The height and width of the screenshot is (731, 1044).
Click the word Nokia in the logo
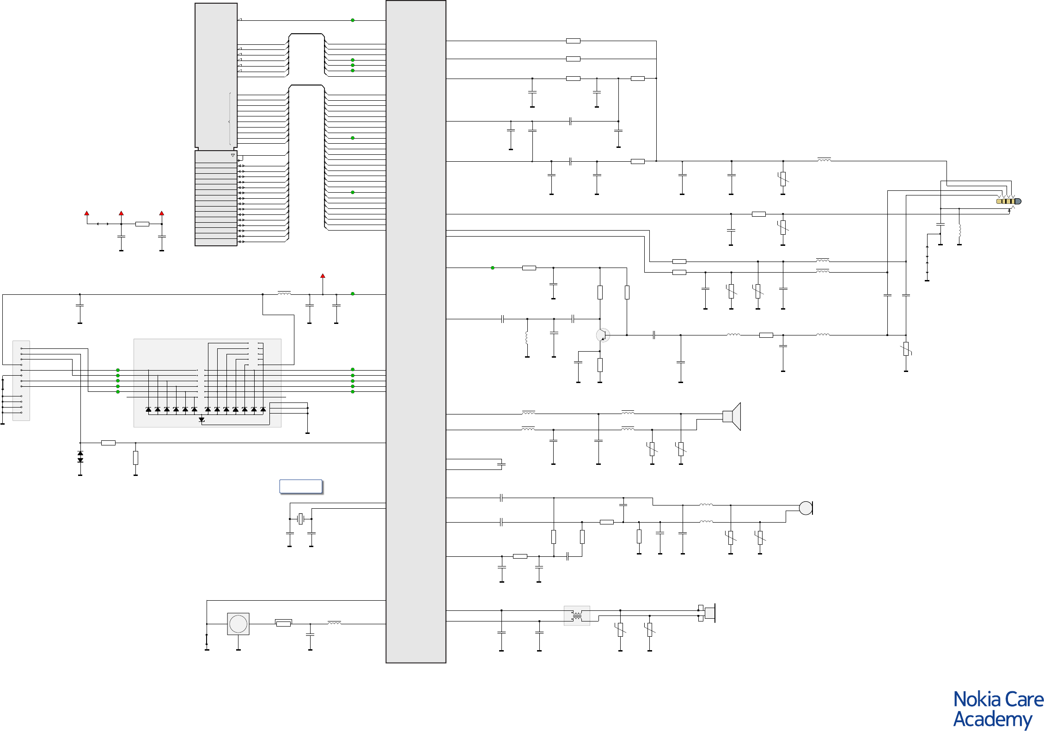click(975, 700)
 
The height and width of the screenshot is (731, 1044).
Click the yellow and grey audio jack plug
click(1008, 201)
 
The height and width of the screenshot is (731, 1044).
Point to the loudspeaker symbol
click(733, 416)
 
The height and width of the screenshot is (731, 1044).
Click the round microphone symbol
click(806, 508)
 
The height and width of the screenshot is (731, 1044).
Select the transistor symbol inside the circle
click(603, 335)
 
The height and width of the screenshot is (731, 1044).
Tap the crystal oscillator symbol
click(301, 519)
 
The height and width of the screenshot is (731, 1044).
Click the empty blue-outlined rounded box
click(301, 487)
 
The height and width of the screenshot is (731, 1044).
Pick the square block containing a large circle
click(238, 624)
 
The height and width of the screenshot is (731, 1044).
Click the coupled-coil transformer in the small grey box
click(577, 616)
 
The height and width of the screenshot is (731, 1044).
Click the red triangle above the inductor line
click(323, 276)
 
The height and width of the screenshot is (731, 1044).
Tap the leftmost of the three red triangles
click(86, 213)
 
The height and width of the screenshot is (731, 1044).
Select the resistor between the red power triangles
click(142, 224)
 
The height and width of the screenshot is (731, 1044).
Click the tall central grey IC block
click(415, 331)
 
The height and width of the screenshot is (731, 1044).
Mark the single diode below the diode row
click(201, 420)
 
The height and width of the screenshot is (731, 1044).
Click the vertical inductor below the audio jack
click(959, 230)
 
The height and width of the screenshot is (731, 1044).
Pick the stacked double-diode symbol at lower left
click(80, 457)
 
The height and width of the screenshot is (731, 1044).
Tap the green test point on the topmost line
click(353, 20)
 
